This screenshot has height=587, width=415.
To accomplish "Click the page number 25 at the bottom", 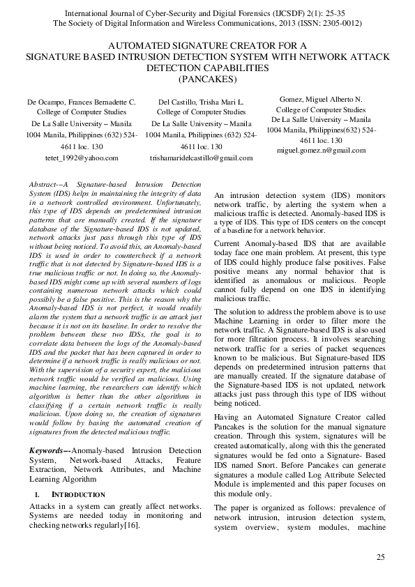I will pyautogui.click(x=380, y=556).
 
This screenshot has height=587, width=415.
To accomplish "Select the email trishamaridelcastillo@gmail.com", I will pyautogui.click(x=201, y=158).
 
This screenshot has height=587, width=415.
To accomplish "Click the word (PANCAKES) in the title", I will pyautogui.click(x=207, y=79).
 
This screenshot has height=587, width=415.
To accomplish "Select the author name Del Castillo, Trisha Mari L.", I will pyautogui.click(x=201, y=103).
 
